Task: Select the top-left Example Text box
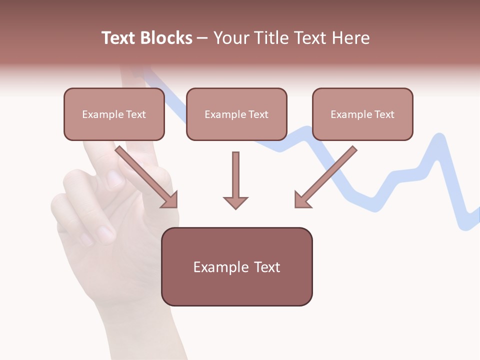click(114, 114)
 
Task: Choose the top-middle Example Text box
click(236, 114)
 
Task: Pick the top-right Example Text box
click(362, 114)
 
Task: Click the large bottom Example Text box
click(237, 267)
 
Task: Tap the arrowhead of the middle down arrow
click(235, 202)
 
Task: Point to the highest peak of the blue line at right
click(439, 137)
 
